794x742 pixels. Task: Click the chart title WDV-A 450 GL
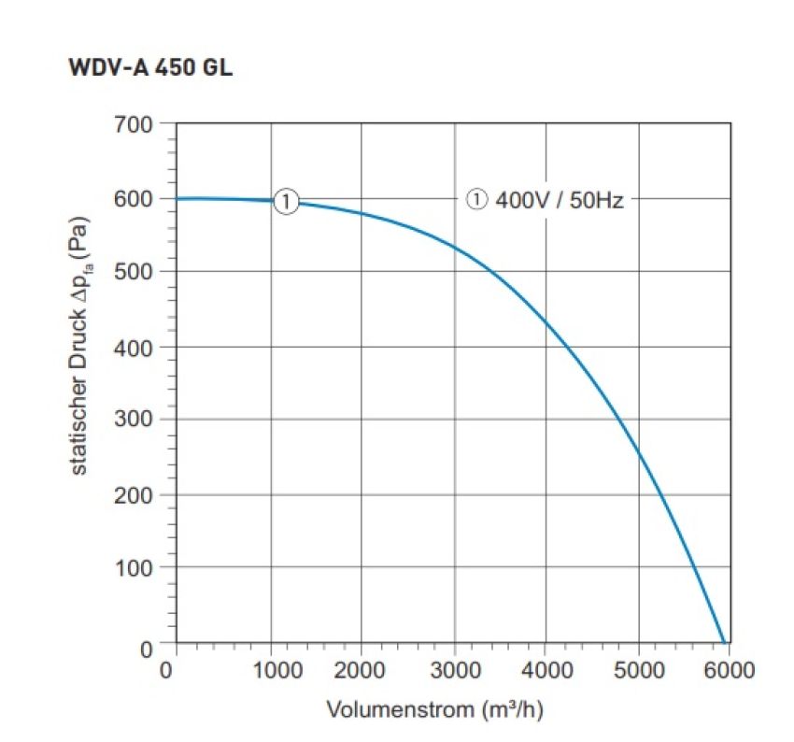click(150, 70)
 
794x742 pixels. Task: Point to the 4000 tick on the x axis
click(546, 670)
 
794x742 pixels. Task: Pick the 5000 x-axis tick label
click(639, 670)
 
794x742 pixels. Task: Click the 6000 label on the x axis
click(728, 670)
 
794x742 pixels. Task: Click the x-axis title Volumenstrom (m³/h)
click(435, 709)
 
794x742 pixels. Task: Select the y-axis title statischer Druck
click(81, 346)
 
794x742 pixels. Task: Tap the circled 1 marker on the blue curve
click(286, 200)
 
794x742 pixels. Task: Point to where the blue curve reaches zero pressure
click(724, 643)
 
